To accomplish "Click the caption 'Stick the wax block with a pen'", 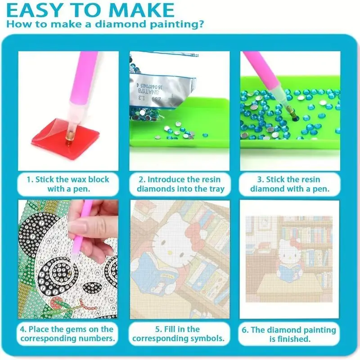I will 68,184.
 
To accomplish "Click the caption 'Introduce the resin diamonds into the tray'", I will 180,184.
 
